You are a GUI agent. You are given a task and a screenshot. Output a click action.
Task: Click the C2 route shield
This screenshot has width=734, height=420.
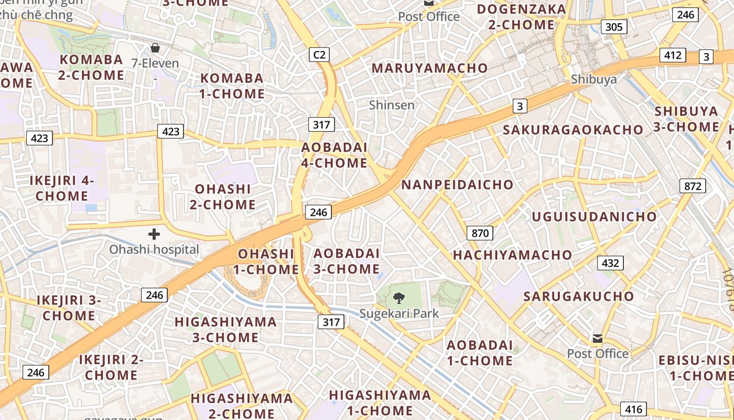pos(319,54)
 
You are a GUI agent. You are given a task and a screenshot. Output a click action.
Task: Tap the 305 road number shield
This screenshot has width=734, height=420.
pos(613,27)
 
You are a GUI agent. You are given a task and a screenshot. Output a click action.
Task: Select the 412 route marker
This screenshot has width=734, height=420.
pos(673,55)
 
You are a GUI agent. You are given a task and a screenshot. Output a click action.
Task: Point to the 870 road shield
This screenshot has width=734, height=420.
pos(480,233)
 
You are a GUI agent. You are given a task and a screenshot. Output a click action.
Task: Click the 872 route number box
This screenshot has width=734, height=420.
pos(693,185)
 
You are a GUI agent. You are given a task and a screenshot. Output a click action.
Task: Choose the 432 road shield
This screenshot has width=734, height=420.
pos(611,263)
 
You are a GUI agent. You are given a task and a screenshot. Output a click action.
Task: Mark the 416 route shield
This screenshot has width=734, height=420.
pos(633,409)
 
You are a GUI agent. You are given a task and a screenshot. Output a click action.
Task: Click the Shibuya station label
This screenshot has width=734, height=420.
pos(593,79)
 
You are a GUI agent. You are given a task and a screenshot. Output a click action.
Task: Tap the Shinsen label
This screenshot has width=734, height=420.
pos(392,105)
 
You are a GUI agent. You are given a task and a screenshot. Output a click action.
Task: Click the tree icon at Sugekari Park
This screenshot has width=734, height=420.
pos(399,299)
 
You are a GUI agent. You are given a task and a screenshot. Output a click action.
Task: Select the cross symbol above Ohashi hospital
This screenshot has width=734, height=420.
pos(154,234)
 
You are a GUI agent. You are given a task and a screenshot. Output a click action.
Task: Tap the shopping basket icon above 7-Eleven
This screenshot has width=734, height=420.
pos(155,48)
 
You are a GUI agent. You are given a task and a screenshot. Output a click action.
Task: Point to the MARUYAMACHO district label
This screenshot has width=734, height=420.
pos(429,68)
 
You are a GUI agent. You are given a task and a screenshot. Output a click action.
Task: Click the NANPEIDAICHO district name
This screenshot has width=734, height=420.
pos(457,185)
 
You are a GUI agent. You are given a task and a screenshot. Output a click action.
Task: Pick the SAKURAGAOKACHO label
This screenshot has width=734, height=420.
pos(573,130)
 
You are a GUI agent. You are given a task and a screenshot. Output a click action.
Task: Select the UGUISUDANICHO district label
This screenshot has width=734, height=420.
pos(594,217)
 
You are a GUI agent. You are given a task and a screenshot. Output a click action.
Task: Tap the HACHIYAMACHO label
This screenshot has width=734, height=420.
pos(513,255)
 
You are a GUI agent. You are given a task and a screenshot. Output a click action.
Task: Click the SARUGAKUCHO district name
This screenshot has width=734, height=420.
pos(579,296)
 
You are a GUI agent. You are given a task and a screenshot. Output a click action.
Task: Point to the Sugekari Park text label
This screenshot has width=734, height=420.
pos(399,313)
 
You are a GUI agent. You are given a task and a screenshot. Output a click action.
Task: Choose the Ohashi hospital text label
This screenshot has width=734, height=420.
pos(154,249)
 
